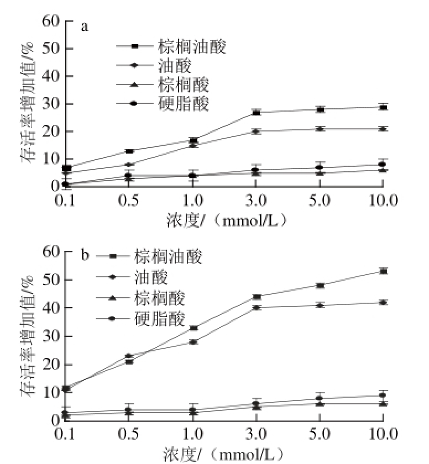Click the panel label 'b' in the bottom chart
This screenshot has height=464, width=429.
pyautogui.click(x=85, y=256)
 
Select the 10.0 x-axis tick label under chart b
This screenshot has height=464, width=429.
pyautogui.click(x=383, y=433)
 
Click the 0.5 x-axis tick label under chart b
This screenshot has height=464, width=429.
pyautogui.click(x=128, y=433)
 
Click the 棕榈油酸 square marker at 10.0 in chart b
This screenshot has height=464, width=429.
pyautogui.click(x=383, y=271)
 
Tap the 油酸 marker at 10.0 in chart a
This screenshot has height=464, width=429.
pyautogui.click(x=383, y=129)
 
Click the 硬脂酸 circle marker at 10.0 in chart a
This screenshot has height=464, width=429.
pyautogui.click(x=383, y=164)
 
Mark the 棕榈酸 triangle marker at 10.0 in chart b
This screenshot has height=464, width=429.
pyautogui.click(x=383, y=404)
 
